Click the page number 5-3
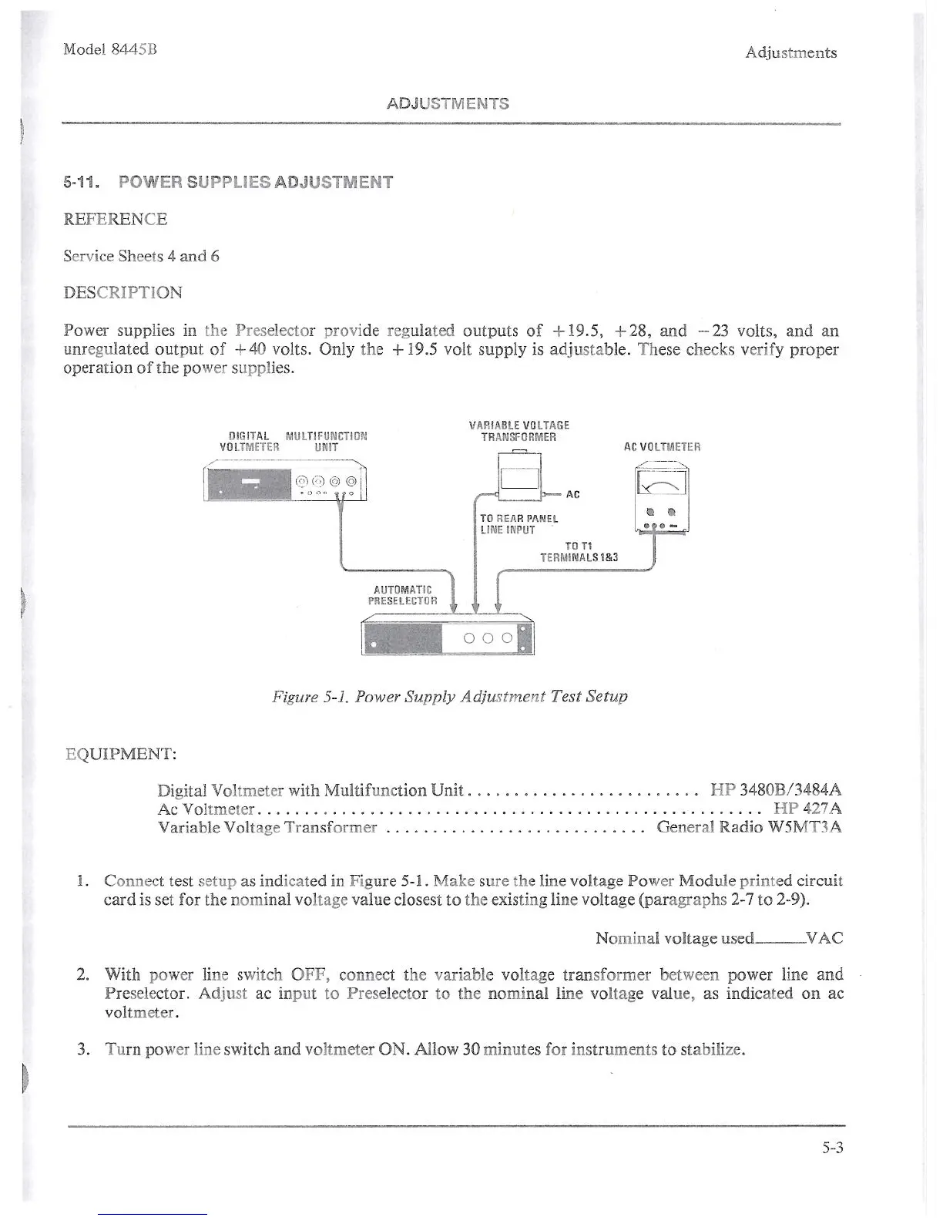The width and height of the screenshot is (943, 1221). pos(832,1148)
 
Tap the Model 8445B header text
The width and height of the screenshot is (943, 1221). pos(110,49)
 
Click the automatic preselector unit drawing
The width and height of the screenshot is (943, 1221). pos(448,635)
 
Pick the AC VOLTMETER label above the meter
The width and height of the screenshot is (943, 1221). pos(662,447)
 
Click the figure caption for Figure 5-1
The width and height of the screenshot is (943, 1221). pos(450,696)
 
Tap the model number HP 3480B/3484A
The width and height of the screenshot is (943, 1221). pos(775,790)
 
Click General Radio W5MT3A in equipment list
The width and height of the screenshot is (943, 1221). pos(748,827)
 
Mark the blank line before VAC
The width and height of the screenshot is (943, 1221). pos(780,940)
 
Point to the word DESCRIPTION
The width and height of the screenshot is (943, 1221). pos(122,293)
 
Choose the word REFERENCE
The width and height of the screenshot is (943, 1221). pos(115,220)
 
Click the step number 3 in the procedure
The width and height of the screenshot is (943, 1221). pos(82,1049)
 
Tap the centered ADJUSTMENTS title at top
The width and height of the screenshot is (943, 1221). pos(448,103)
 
